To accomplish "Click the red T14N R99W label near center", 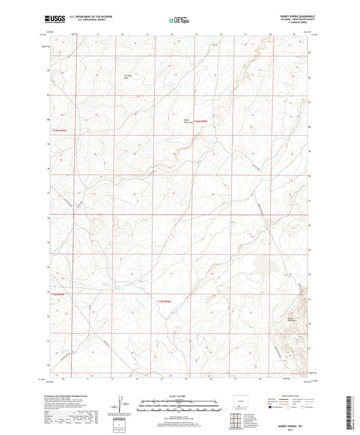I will point(198,122).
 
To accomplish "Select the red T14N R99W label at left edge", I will point(60,131).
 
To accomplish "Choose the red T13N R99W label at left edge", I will point(59,294).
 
